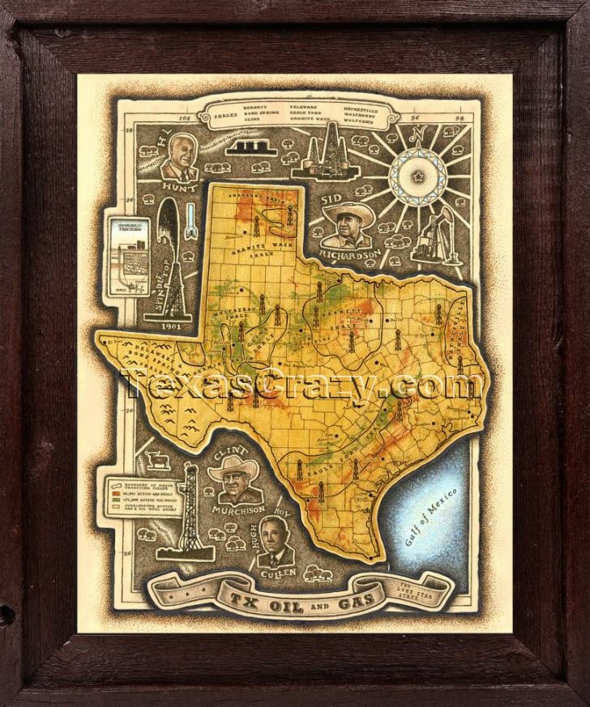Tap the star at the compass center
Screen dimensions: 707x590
pos(418,176)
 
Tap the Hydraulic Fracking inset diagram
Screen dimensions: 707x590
pos(128,258)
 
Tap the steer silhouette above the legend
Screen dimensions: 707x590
pos(159,461)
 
